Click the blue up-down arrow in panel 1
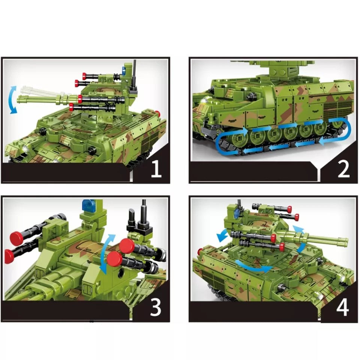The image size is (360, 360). (x=14, y=99)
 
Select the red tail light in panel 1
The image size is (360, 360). (x=158, y=114)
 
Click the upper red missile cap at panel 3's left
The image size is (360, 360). (x=16, y=238)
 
